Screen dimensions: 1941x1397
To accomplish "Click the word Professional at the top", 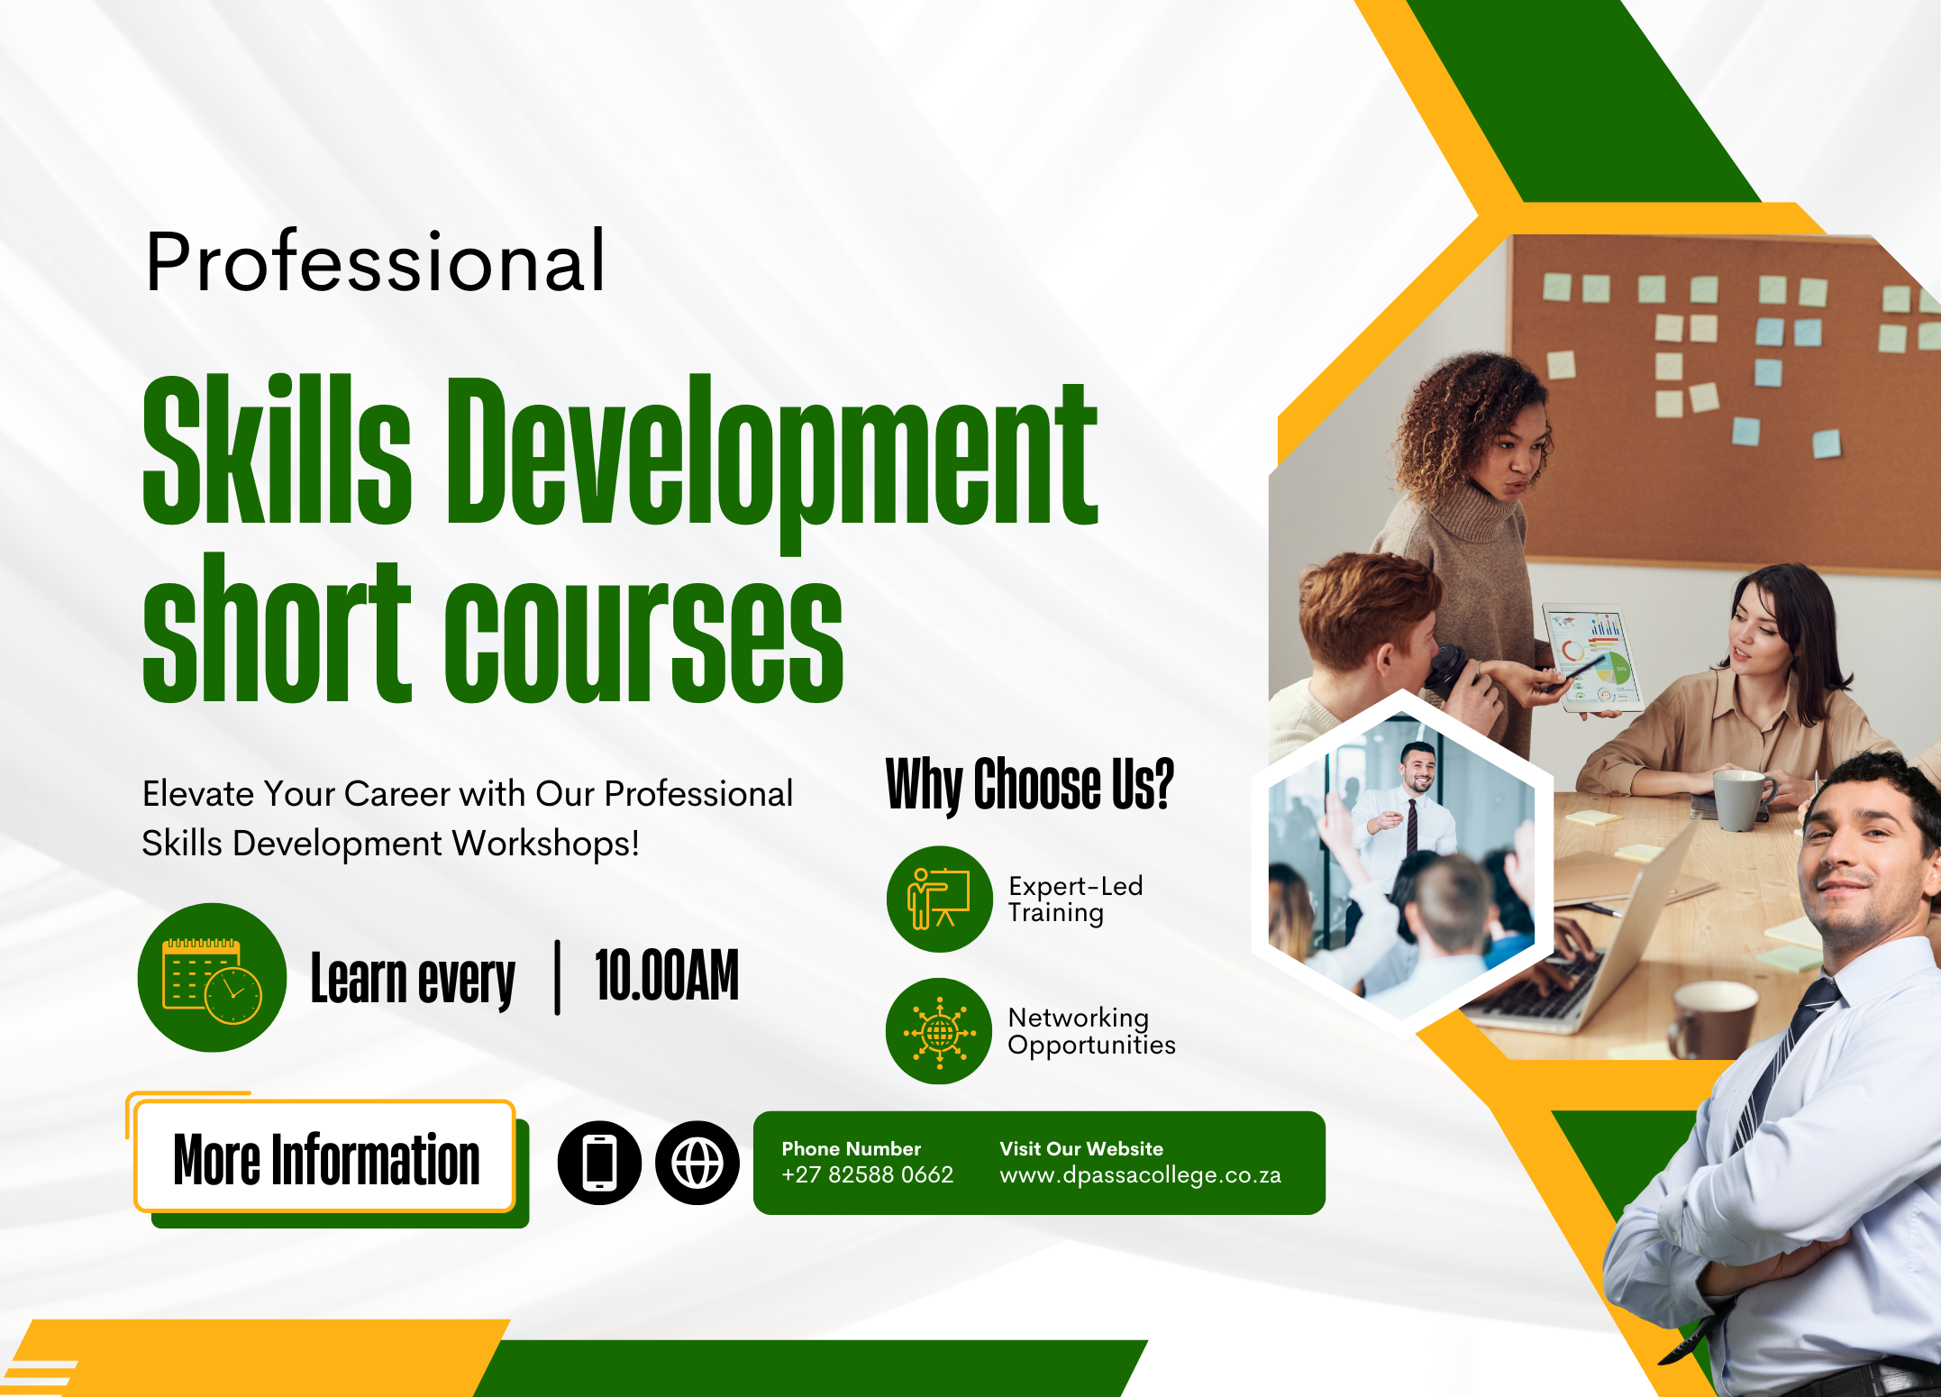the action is [x=375, y=261].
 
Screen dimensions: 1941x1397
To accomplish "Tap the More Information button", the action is [x=325, y=1158].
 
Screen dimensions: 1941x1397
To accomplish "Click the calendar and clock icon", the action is [x=212, y=978].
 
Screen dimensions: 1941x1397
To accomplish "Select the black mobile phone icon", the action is [x=599, y=1163].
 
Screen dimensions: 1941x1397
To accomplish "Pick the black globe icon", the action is [x=697, y=1163].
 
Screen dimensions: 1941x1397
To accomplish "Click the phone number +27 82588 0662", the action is [x=867, y=1174].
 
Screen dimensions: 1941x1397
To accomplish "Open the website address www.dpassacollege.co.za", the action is [x=1140, y=1175].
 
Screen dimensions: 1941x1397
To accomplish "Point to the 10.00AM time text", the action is [x=667, y=976].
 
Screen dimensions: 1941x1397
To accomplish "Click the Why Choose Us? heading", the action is [x=1030, y=785].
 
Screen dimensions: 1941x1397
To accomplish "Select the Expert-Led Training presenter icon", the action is [x=940, y=899].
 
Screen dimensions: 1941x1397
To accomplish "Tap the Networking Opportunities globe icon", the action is [x=940, y=1031].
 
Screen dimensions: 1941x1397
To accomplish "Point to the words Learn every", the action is [x=413, y=980].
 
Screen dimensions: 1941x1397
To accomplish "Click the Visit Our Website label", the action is [x=1081, y=1148].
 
